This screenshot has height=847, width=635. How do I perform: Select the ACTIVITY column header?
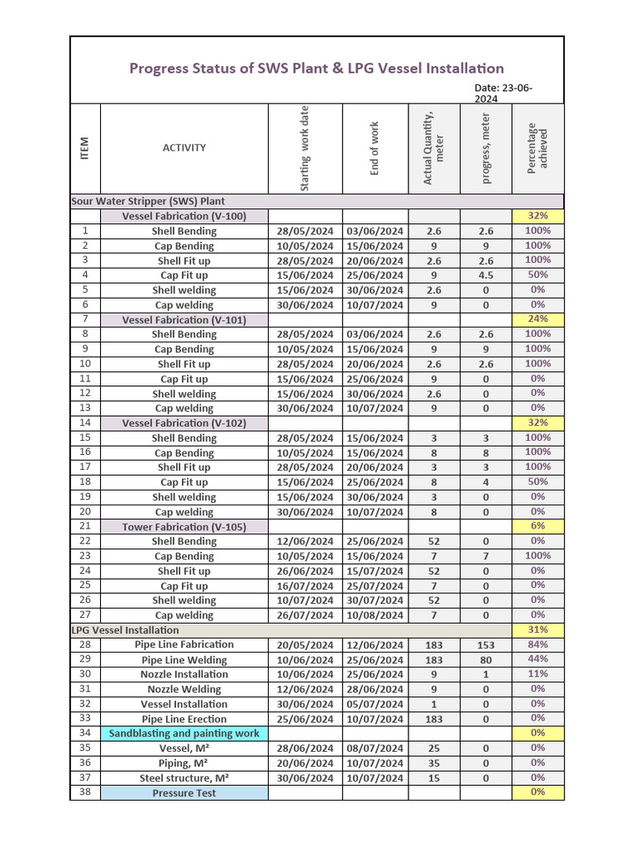[184, 148]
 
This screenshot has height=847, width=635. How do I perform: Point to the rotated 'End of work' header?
[375, 148]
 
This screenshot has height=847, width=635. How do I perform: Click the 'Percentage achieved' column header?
[537, 148]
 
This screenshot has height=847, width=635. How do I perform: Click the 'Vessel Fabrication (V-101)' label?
[184, 319]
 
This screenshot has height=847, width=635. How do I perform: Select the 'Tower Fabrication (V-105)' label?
[184, 527]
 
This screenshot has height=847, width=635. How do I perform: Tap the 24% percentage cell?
[537, 319]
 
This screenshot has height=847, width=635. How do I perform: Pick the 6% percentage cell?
[537, 527]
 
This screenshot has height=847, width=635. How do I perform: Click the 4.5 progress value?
[485, 275]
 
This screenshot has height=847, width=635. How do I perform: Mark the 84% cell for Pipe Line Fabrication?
[537, 644]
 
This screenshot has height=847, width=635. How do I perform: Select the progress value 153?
[485, 645]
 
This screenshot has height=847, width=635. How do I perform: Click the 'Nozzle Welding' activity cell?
[184, 689]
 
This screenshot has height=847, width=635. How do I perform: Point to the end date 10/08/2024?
[375, 615]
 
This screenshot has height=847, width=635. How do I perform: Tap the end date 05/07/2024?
[375, 704]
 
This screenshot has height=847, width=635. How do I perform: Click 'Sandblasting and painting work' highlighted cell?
[184, 734]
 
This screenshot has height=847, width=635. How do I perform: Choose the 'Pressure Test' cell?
[184, 793]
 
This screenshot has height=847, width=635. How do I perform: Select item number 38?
[85, 792]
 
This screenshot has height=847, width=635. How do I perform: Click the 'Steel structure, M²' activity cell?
[184, 778]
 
